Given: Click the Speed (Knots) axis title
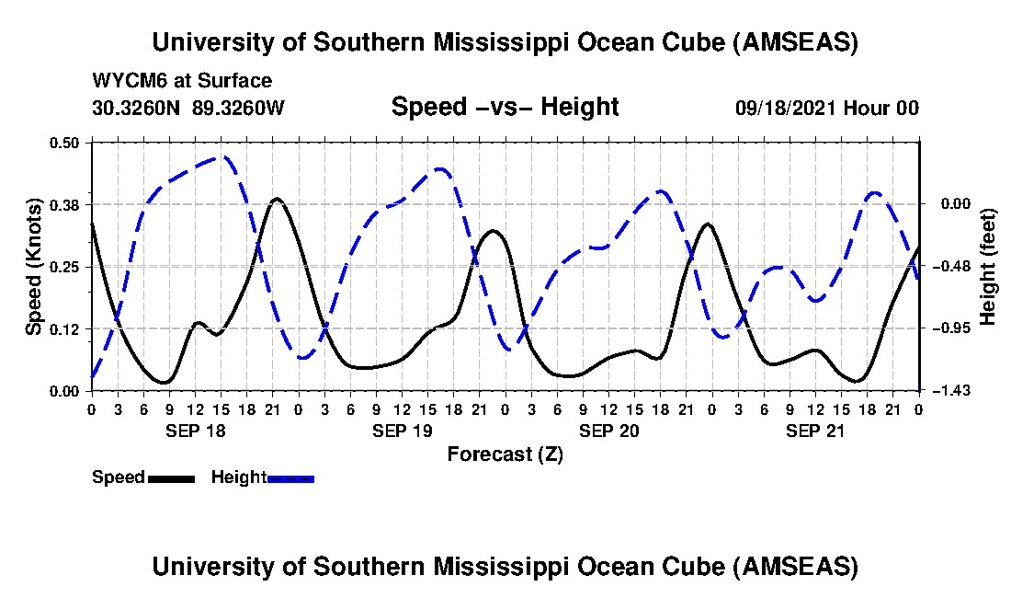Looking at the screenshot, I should [34, 267].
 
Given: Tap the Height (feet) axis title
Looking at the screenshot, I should [989, 267].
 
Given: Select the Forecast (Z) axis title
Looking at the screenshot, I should [505, 454].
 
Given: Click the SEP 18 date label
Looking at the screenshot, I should [194, 431].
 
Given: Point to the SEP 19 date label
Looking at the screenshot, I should [402, 431].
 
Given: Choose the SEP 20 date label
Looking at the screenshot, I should [608, 431].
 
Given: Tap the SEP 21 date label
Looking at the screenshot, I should [815, 431].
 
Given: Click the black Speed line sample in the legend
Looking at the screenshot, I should [171, 478].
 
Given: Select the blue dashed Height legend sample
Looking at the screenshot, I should [290, 478].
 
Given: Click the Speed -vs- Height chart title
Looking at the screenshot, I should [505, 107].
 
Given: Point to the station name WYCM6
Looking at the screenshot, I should [125, 82].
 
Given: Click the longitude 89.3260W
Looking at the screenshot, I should [239, 108].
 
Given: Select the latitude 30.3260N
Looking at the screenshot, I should [137, 108].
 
